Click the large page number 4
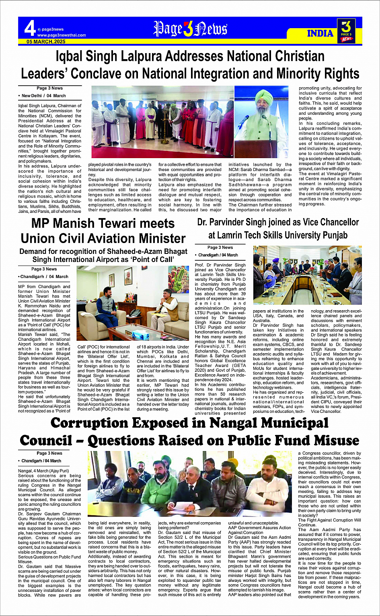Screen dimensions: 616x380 pos(30,29)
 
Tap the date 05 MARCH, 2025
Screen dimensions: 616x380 pos(46,42)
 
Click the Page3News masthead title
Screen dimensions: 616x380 pos(190,29)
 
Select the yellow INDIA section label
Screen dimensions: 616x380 pos(320,33)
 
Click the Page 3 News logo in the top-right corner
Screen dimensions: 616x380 pos(346,31)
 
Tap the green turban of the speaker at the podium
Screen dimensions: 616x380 pos(264,96)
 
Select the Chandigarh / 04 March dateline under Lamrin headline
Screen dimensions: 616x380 pos(218,255)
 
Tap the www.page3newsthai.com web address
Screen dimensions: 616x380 pos(62,35)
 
